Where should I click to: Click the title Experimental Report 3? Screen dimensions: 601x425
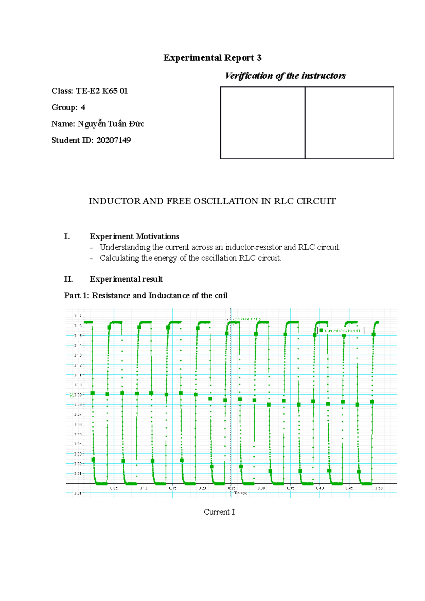pos(212,58)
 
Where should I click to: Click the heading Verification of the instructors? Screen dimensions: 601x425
pos(285,76)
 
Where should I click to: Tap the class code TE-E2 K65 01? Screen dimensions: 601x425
pos(102,91)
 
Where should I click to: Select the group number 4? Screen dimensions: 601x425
pos(83,107)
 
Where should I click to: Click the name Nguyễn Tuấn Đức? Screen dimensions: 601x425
pos(110,124)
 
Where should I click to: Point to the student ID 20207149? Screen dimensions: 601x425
pos(113,140)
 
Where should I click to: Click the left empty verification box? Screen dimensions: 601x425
pos(262,122)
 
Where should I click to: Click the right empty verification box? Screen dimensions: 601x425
pos(349,122)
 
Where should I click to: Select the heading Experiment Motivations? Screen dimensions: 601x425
pos(134,236)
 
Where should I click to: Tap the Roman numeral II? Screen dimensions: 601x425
pos(68,279)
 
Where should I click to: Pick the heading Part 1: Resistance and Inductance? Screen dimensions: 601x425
pos(146,296)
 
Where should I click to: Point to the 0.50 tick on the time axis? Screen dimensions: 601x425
pos(379,488)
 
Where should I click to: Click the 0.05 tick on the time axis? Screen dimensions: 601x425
pos(114,488)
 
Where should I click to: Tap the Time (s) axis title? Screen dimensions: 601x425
pos(240,493)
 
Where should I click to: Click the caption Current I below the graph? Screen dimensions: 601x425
pos(219,512)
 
